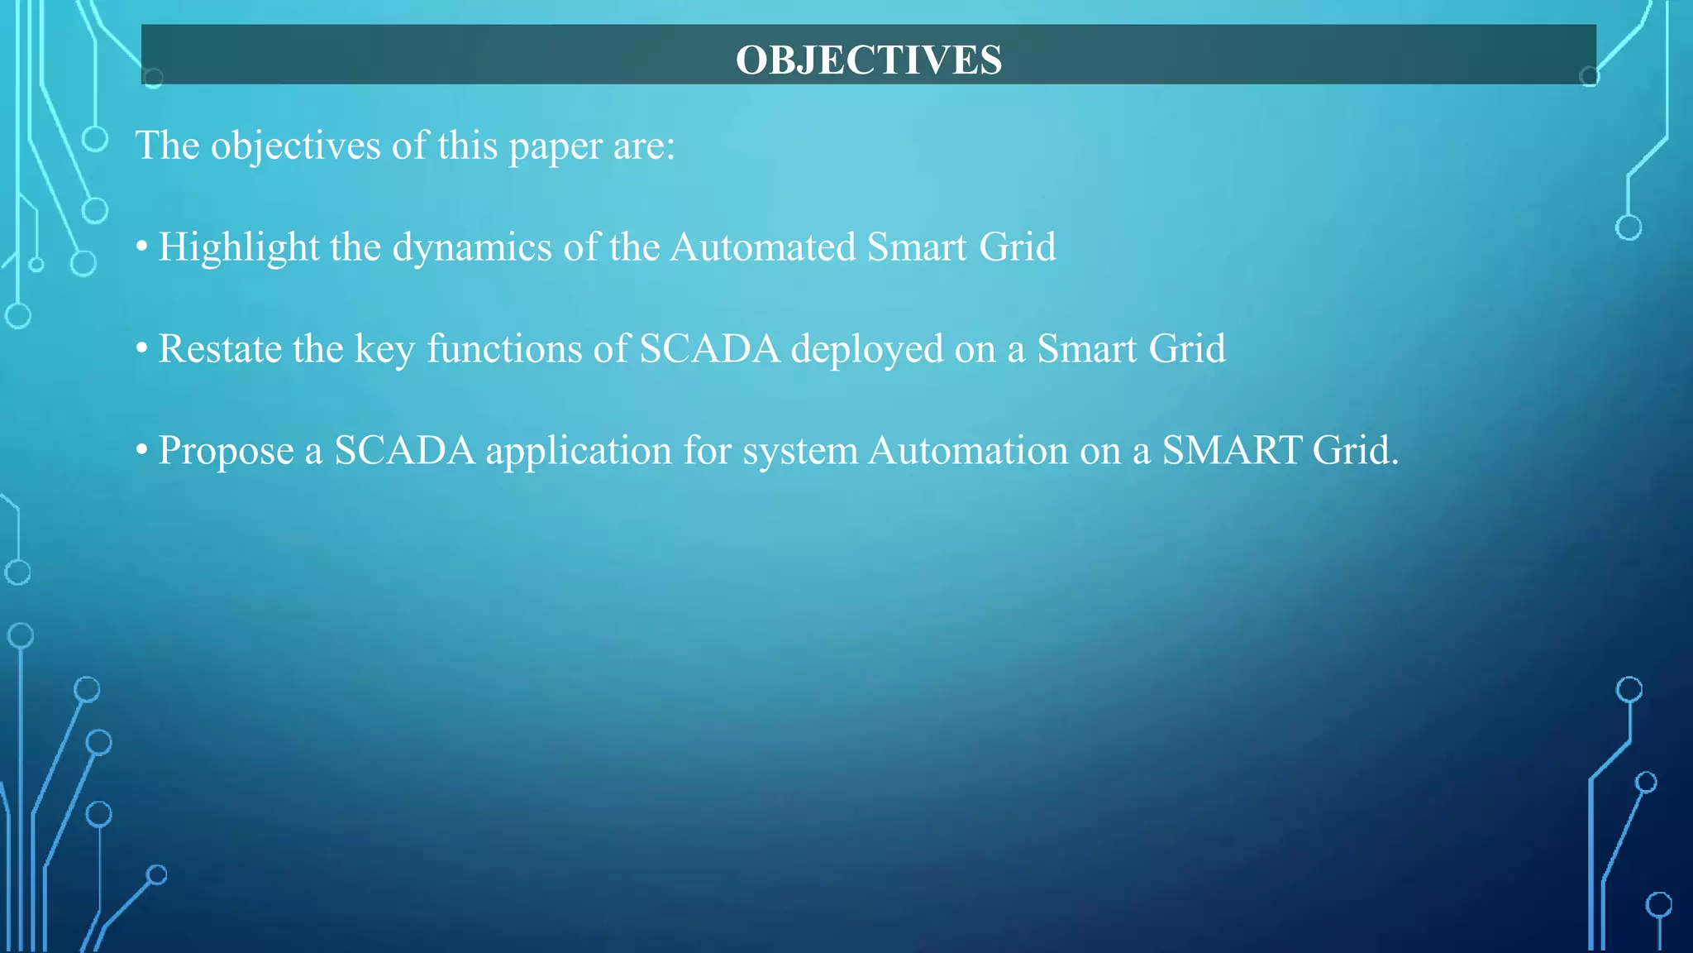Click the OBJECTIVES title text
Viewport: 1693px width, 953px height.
869,60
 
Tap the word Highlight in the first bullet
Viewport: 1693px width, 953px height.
238,248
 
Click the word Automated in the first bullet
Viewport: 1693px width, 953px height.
762,247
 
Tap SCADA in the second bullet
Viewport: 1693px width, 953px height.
709,348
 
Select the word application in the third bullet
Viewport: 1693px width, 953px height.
578,452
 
